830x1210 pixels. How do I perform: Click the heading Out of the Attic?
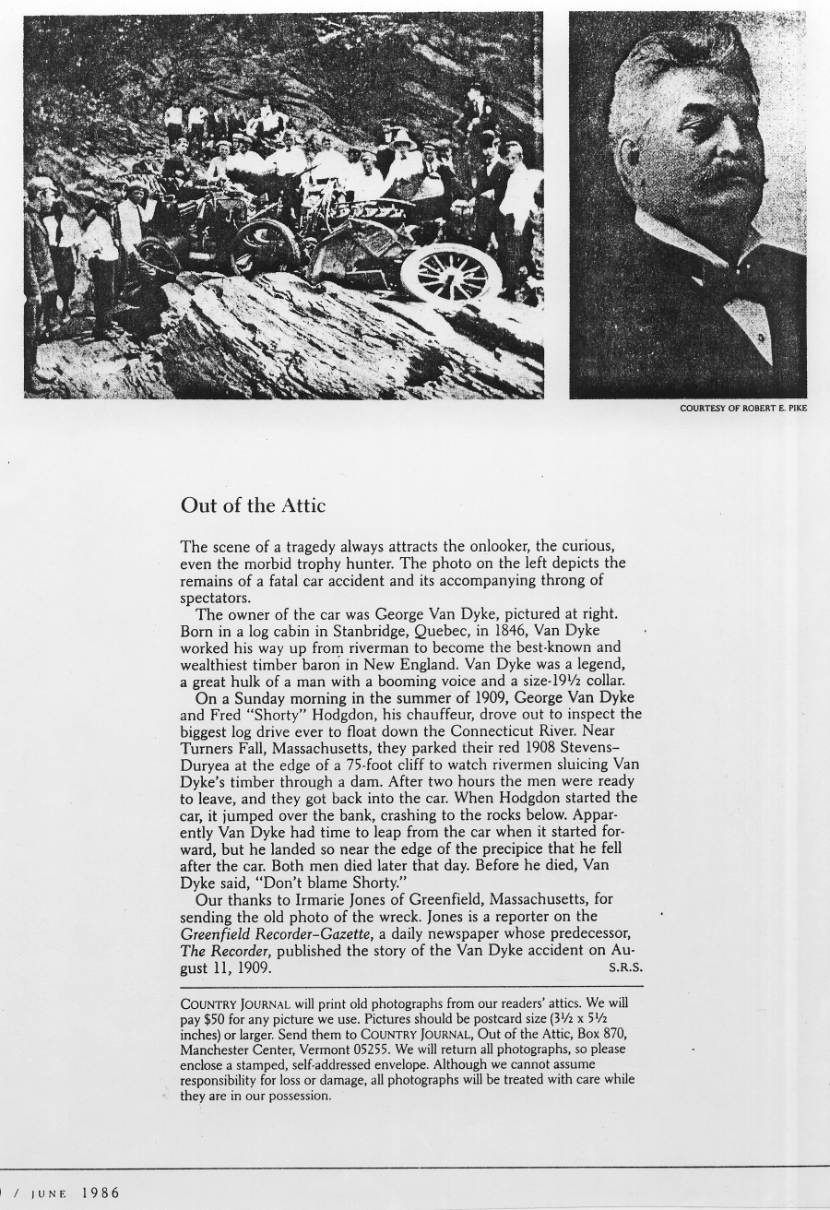tap(253, 505)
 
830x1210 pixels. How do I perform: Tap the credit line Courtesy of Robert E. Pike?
tap(743, 408)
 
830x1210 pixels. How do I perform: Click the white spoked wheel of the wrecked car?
tap(451, 273)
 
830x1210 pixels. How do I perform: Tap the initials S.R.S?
tap(624, 967)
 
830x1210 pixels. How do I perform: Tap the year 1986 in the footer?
tap(100, 1192)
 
